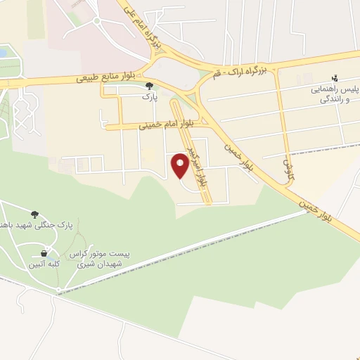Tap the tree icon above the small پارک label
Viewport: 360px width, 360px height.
coord(148,86)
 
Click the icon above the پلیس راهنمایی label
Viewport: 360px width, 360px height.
coord(335,79)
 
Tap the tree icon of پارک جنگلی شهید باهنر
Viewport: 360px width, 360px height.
coord(34,213)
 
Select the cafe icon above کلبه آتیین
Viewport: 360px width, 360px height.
coord(44,253)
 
